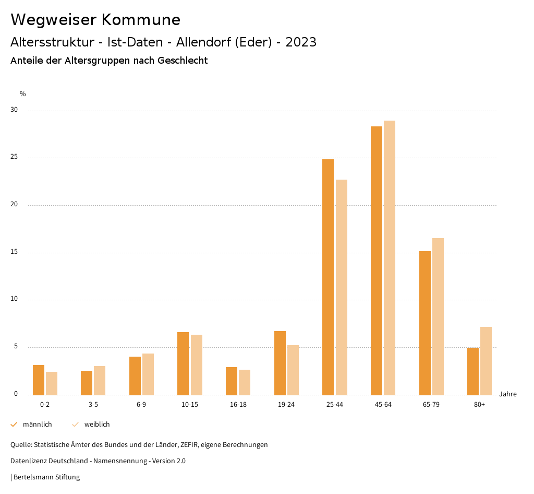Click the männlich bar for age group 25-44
(x=328, y=277)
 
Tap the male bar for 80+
(x=473, y=371)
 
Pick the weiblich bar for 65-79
(x=438, y=316)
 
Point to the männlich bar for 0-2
(x=39, y=380)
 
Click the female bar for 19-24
(x=293, y=370)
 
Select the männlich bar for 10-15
(x=183, y=363)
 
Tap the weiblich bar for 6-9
(x=148, y=374)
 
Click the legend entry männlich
(x=37, y=425)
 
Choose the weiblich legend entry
(x=97, y=425)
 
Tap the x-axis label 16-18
(x=238, y=405)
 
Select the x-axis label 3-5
(x=93, y=405)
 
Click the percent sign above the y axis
(x=23, y=94)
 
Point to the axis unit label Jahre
(x=508, y=394)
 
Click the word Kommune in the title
(x=141, y=20)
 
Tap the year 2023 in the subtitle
(x=301, y=42)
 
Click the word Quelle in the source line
(x=20, y=445)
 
